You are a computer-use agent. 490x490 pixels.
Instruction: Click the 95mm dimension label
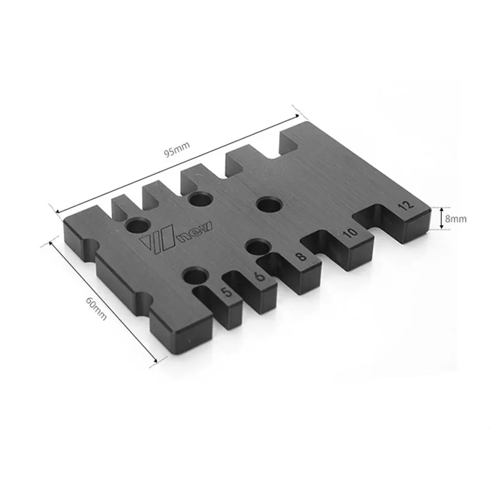(x=177, y=149)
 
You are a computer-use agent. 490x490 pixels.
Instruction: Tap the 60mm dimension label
(x=96, y=308)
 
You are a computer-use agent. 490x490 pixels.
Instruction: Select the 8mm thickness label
(x=456, y=219)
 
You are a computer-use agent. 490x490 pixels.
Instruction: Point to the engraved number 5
(x=227, y=292)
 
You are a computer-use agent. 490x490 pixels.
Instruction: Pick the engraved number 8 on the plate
(x=300, y=256)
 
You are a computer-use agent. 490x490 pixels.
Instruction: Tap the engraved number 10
(x=350, y=232)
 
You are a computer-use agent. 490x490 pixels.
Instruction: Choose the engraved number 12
(x=406, y=206)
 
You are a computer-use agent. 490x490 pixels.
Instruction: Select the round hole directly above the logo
(x=137, y=225)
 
